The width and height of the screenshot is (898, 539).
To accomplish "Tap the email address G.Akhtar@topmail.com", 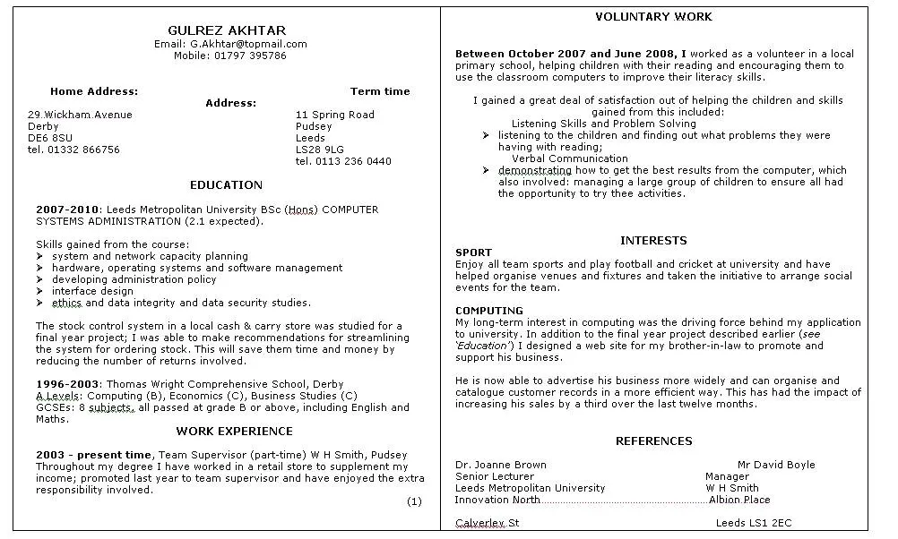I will point(248,44).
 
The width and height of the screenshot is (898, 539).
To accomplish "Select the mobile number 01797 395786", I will point(250,56).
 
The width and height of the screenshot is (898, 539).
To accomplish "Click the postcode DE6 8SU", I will point(50,138).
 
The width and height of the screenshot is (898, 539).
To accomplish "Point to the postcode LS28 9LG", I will point(320,150).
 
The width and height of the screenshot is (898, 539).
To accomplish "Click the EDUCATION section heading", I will point(226,185).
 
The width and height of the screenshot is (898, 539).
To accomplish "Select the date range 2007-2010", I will point(67,210).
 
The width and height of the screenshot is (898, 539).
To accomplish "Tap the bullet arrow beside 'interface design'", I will point(40,291).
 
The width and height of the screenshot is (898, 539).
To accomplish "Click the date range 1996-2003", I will point(67,384).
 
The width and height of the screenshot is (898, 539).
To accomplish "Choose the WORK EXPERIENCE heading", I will point(234,432).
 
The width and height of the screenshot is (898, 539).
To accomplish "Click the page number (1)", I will point(414,501).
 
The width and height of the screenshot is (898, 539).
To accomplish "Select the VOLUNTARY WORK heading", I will point(653,17).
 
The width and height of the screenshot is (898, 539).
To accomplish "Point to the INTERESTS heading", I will point(653,241).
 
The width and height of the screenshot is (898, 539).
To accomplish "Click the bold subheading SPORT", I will point(473,252).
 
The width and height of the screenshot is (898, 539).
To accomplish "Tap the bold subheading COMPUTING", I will point(488,311).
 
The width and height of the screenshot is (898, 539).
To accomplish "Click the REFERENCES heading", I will point(653,441).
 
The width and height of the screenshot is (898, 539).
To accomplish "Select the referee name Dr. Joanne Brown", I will point(500,465).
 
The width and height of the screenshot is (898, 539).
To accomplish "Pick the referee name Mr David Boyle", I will point(776,465).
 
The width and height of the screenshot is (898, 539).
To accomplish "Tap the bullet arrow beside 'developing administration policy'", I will point(40,279).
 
